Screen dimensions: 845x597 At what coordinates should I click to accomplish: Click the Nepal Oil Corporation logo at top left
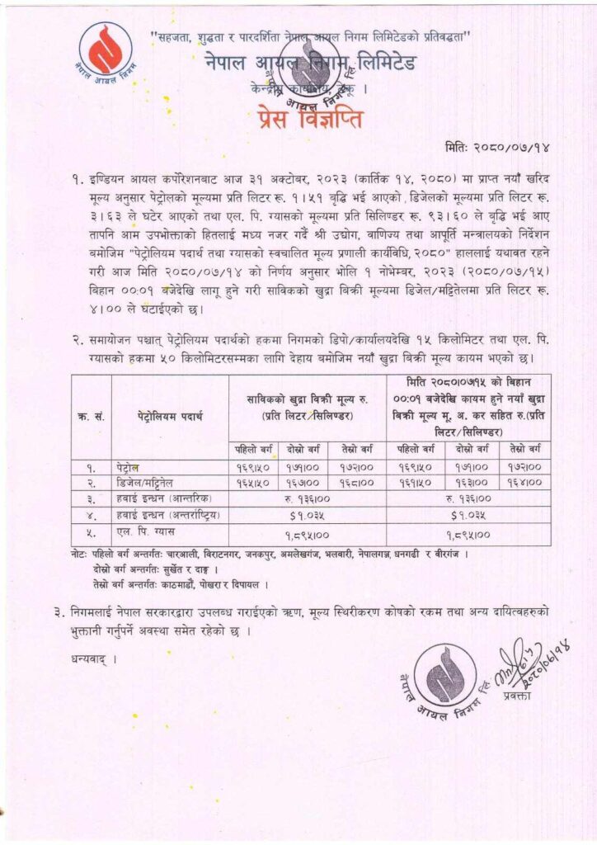pyautogui.click(x=106, y=51)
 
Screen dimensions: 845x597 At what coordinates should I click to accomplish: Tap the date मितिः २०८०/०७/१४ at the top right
pyautogui.click(x=503, y=148)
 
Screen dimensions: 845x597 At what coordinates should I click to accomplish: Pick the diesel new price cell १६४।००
pyautogui.click(x=524, y=482)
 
